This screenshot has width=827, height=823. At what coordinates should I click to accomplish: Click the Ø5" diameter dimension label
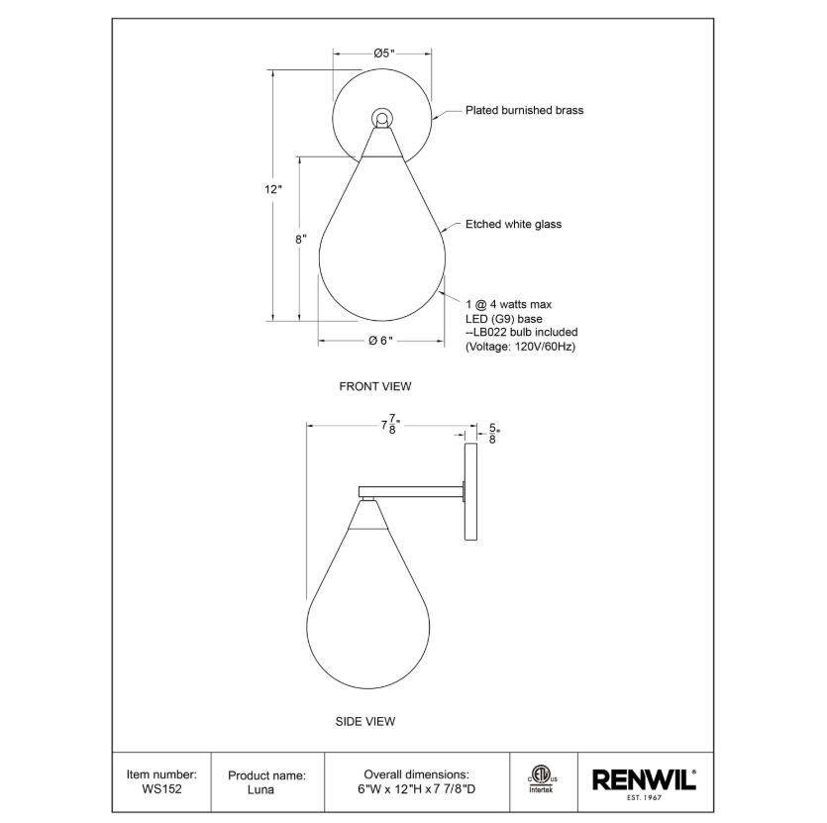point(384,53)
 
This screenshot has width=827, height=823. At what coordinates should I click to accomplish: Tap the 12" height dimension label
point(273,189)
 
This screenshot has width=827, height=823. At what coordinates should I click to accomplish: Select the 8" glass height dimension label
point(301,240)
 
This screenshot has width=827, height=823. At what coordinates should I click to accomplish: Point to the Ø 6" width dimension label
point(380,341)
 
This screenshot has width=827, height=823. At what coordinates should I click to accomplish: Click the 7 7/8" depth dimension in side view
point(391,424)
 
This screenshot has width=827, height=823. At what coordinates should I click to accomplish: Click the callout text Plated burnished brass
point(524,110)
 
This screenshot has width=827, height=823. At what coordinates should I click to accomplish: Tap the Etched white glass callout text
point(513,224)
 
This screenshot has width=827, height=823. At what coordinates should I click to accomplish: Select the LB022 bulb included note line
point(521,333)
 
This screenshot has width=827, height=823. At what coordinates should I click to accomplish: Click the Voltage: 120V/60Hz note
point(520,347)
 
